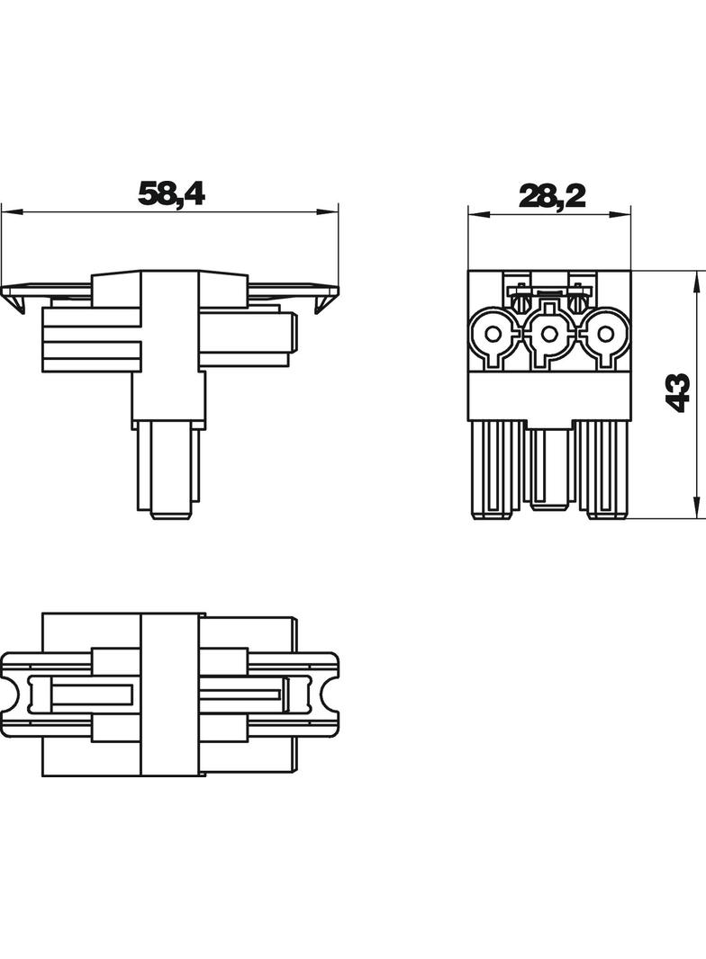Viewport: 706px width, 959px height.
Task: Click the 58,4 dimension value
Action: (171, 193)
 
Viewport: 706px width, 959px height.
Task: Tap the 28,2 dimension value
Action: (552, 196)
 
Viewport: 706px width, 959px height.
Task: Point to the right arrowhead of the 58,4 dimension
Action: (329, 212)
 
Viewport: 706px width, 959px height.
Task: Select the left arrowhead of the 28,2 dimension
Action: (479, 214)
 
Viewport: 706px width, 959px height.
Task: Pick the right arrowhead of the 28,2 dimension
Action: (620, 214)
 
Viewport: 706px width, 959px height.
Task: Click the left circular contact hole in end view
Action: (494, 334)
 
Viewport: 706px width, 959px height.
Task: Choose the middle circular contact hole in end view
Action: (549, 334)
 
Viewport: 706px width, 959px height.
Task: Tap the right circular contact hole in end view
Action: (605, 334)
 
